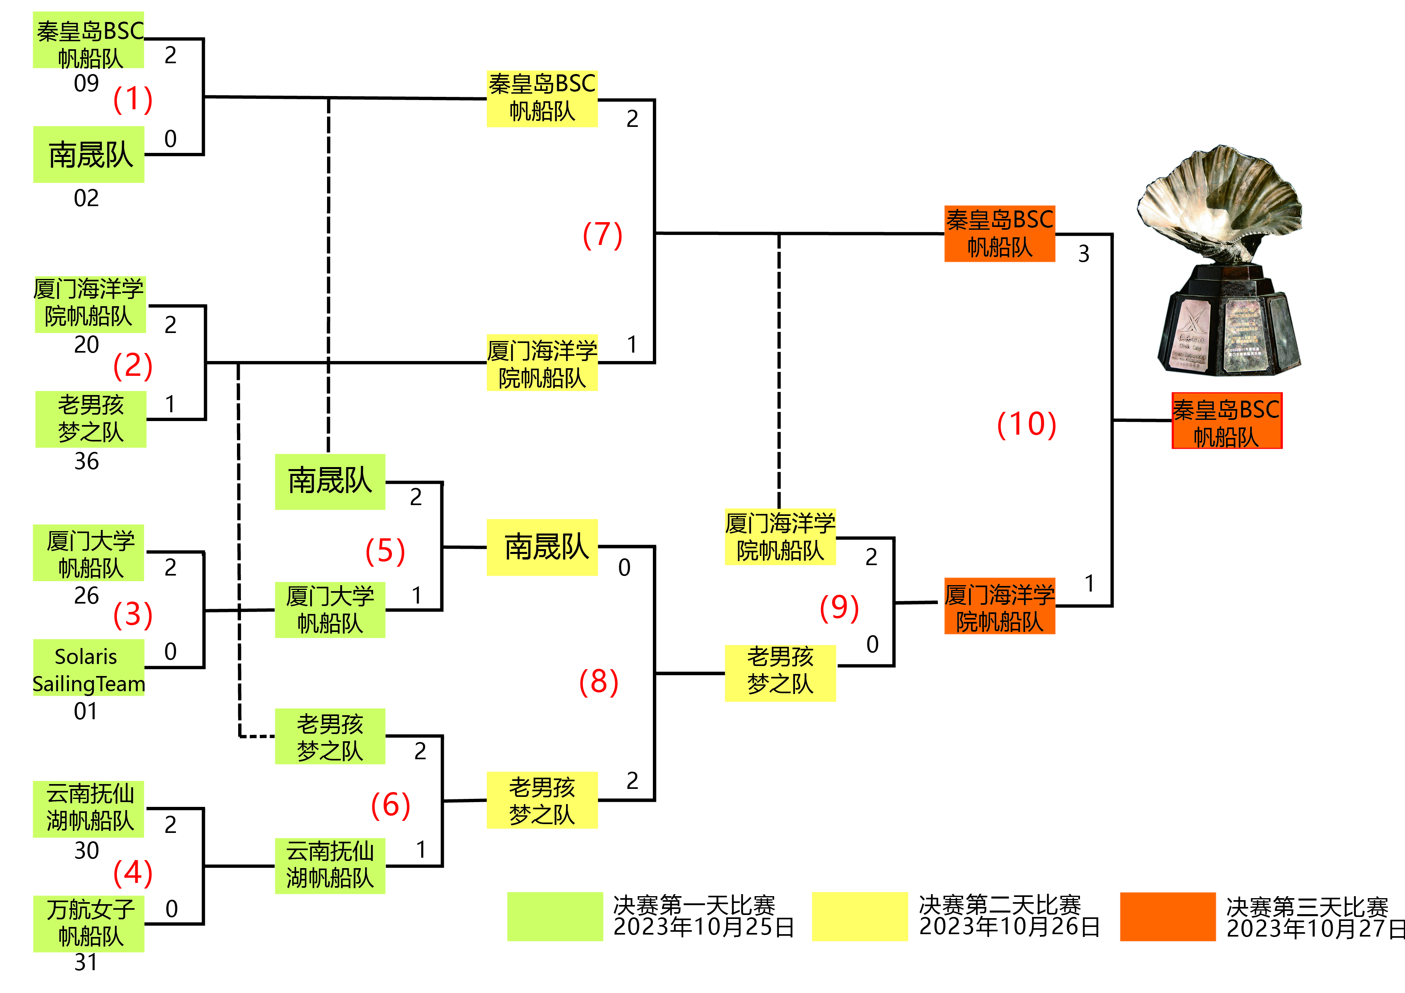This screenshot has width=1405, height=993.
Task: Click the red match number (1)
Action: tap(133, 99)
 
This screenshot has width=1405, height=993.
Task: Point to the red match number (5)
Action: tap(385, 551)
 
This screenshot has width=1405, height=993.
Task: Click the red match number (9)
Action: tap(839, 608)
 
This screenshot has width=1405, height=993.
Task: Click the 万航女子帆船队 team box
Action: tap(89, 923)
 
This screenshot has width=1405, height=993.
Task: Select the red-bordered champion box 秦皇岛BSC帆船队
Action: tap(1226, 421)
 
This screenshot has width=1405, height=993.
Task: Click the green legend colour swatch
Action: tap(554, 916)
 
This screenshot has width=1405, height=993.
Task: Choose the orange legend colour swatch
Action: tap(1167, 916)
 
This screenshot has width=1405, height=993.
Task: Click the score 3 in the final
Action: tap(1084, 253)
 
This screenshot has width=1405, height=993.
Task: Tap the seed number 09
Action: tap(86, 83)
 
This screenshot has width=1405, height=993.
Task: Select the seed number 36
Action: tap(86, 461)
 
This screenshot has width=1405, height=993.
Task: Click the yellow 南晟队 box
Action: tap(542, 547)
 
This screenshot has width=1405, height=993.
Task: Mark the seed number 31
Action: tap(86, 962)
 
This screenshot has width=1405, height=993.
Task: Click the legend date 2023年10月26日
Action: tap(1009, 927)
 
